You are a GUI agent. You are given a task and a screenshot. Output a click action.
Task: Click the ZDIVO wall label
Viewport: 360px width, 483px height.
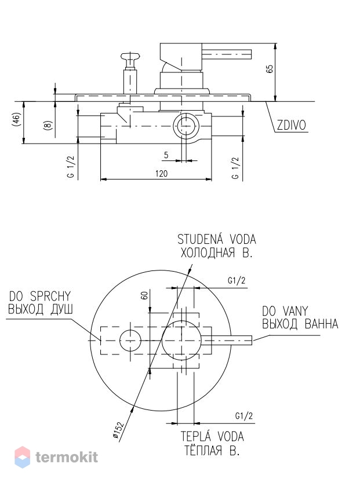click(291, 125)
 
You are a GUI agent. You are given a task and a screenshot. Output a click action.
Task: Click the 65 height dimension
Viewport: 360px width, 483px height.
click(270, 68)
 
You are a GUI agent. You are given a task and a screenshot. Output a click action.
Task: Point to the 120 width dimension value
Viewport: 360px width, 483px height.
click(162, 174)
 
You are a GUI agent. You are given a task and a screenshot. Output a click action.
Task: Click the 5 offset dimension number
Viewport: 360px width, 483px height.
click(166, 155)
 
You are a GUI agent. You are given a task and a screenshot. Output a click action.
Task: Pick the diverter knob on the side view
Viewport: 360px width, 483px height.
click(130, 57)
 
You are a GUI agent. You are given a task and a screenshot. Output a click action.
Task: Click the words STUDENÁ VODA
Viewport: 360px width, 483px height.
click(217, 239)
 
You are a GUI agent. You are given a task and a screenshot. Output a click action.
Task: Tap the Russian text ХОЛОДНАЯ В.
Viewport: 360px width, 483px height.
click(216, 253)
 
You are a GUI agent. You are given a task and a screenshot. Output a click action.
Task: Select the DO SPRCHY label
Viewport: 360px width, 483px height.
click(40, 297)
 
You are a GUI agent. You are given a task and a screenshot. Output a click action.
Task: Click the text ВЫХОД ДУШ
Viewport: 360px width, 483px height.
click(41, 309)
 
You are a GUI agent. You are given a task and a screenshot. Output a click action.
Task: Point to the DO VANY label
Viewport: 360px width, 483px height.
click(285, 311)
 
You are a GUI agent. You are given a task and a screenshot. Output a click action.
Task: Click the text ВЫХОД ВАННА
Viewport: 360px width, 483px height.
click(300, 324)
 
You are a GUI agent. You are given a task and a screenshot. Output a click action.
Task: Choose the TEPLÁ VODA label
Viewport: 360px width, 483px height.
click(212, 437)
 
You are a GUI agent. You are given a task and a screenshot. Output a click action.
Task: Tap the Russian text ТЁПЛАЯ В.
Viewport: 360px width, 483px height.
click(212, 451)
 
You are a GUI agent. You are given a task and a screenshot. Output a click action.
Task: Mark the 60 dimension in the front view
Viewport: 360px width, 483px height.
click(144, 295)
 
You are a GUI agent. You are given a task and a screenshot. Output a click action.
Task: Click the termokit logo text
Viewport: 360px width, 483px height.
click(67, 457)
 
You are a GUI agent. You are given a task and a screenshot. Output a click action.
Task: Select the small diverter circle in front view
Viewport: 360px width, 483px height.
click(130, 341)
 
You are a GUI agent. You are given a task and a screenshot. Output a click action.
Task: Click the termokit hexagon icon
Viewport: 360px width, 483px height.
click(23, 457)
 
